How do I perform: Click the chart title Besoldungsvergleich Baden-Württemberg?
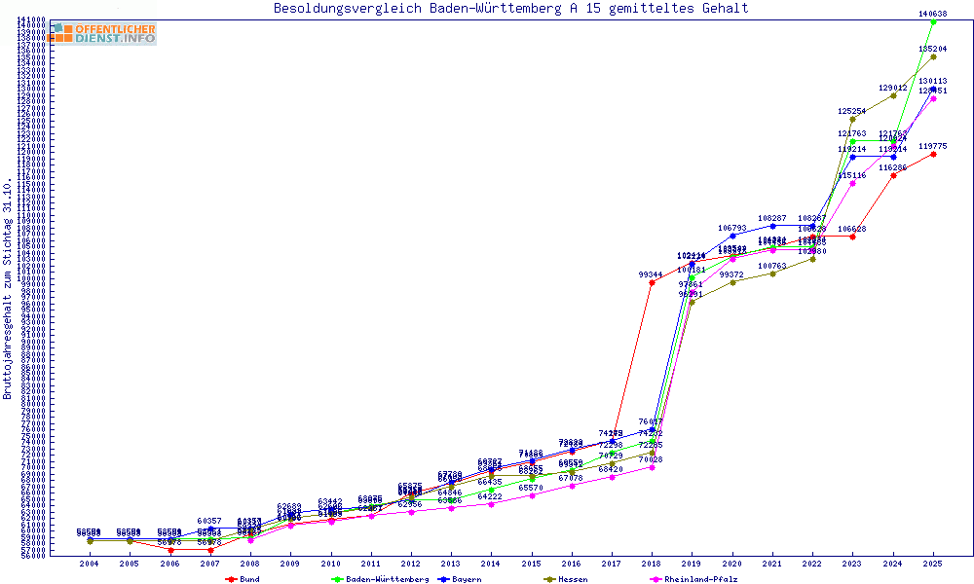[x=511, y=9]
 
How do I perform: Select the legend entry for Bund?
[x=249, y=579]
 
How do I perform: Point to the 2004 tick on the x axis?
[x=89, y=564]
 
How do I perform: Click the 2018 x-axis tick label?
[x=652, y=564]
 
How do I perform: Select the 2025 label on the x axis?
[x=933, y=564]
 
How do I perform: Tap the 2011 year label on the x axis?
[x=370, y=564]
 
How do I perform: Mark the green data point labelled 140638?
[x=933, y=21]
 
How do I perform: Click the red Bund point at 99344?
[x=652, y=282]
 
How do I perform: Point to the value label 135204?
[x=933, y=48]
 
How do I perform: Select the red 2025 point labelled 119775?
[x=933, y=154]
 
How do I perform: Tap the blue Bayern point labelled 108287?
[x=772, y=226]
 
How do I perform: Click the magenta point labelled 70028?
[x=652, y=467]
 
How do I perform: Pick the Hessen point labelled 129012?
[x=893, y=95]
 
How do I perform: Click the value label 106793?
[x=732, y=228]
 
